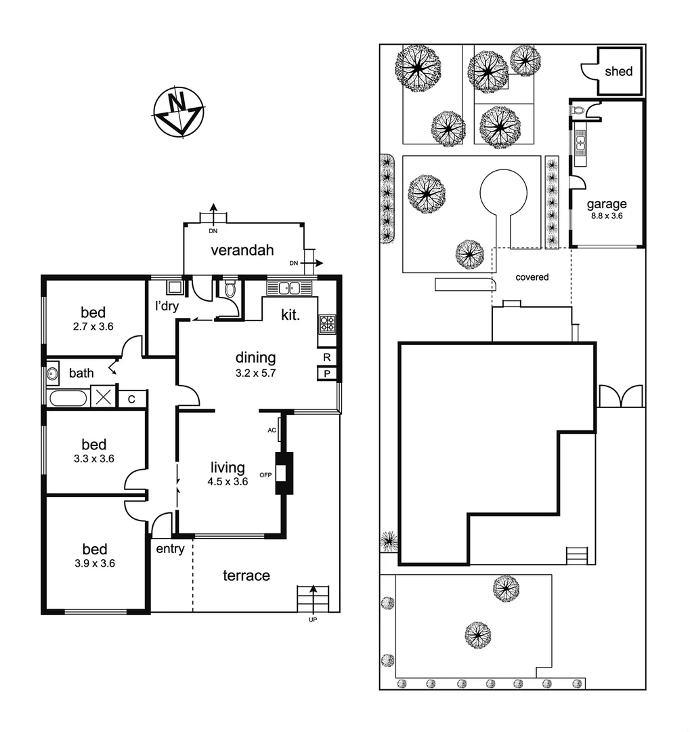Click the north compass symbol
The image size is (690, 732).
[x=178, y=113]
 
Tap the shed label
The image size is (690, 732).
[x=618, y=71]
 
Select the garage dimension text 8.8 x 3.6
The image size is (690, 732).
[x=605, y=216]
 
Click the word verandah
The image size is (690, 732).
[x=242, y=250]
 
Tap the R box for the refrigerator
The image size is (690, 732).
[x=327, y=357]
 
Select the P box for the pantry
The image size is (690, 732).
[x=327, y=373]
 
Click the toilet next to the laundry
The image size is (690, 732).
[x=230, y=289]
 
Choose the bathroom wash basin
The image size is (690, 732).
[x=53, y=373]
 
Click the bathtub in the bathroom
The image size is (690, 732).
[x=67, y=398]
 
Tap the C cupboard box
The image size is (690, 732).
[x=132, y=399]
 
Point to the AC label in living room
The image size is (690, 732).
[x=272, y=430]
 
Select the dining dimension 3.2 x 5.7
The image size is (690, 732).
[x=255, y=372]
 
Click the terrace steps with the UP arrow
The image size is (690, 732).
[x=313, y=598]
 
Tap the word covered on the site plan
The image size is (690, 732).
[x=532, y=277]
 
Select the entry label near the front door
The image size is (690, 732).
[x=170, y=549]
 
